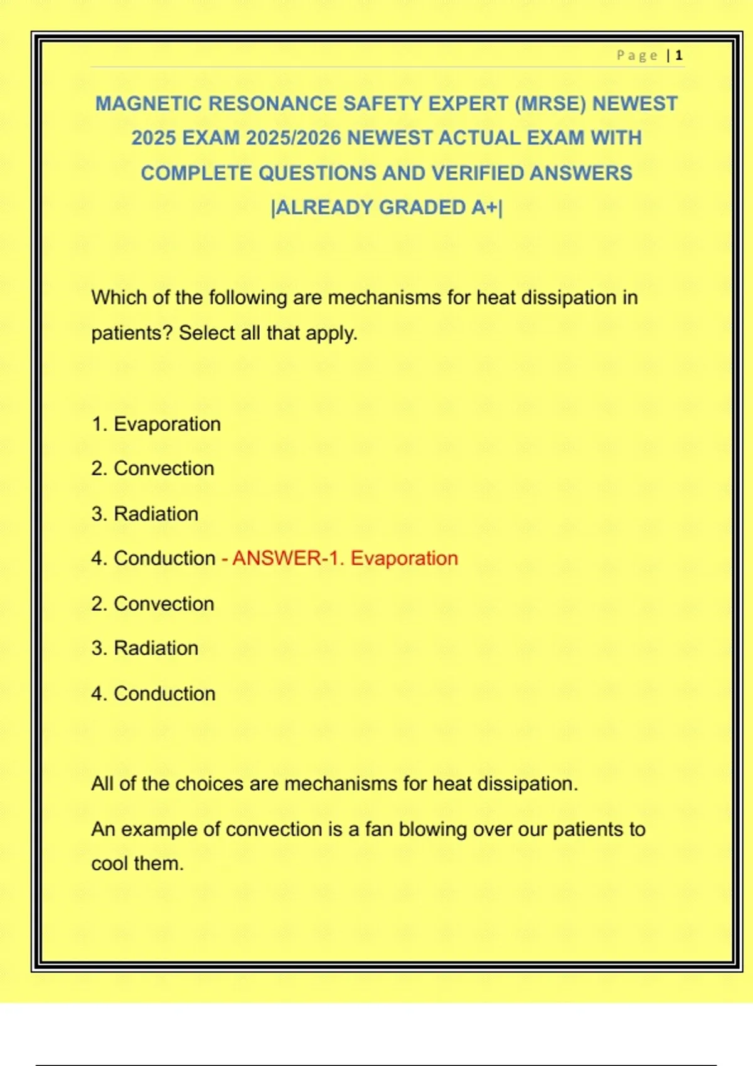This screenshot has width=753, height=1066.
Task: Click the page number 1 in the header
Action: [679, 56]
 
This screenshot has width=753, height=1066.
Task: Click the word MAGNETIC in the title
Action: [149, 103]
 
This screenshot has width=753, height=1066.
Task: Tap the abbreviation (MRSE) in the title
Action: [550, 103]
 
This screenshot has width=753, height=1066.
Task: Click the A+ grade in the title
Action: [484, 208]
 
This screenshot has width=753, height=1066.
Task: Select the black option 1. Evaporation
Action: [156, 425]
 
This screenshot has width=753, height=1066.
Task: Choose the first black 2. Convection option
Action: [152, 468]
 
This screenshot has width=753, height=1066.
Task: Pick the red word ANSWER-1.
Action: [289, 558]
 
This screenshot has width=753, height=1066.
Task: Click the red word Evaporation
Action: [404, 558]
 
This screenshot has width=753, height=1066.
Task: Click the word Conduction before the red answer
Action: [164, 558]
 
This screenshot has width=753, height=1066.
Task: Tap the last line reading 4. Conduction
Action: [153, 694]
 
